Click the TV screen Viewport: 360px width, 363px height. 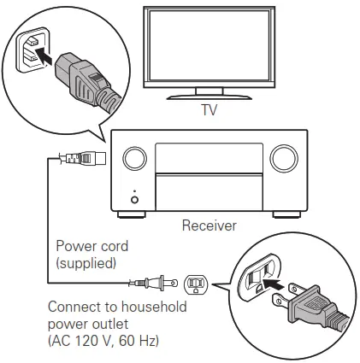210,49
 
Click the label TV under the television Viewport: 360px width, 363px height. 209,111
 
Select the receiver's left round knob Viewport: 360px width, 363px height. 133,158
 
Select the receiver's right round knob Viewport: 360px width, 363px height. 282,158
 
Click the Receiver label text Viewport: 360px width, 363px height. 208,227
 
